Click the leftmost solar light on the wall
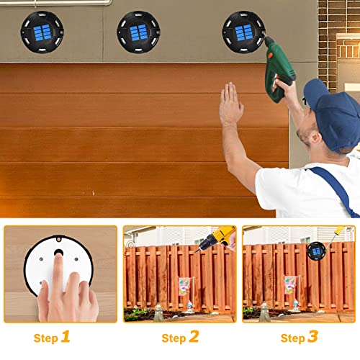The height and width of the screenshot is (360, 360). (x=42, y=32)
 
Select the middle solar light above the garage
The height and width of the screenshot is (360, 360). (x=138, y=32)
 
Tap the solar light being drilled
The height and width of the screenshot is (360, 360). (x=243, y=32)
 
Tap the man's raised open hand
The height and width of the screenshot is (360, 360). (x=231, y=103)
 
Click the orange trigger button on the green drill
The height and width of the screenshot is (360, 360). (x=271, y=55)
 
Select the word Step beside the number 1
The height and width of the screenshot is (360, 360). (x=46, y=338)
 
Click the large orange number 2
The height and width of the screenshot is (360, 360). (x=194, y=337)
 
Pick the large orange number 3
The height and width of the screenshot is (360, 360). (x=313, y=337)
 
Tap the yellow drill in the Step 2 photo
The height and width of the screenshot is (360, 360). (x=217, y=238)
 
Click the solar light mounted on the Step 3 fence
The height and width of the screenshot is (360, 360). (x=316, y=251)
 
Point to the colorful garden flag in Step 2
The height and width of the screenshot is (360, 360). (x=184, y=287)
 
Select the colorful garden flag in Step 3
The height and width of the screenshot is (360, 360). (x=290, y=285)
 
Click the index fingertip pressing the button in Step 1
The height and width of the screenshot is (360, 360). (x=58, y=256)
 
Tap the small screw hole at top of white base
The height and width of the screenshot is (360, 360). (x=58, y=239)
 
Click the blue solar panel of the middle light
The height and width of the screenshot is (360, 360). (x=138, y=32)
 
